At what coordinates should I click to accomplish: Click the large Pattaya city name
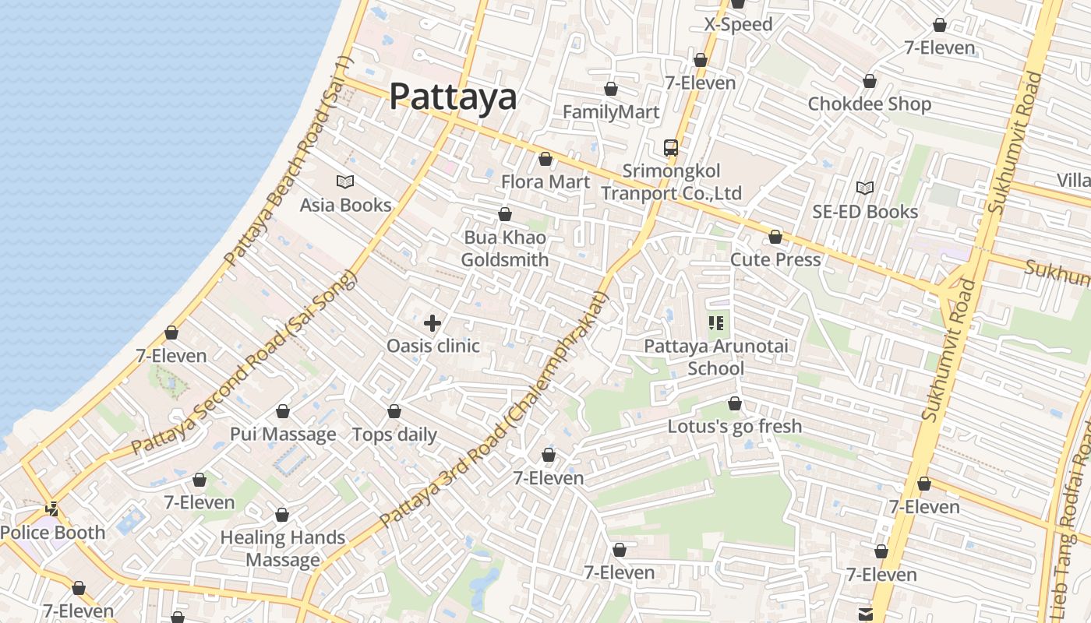pos(452,97)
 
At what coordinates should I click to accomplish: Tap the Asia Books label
pos(345,205)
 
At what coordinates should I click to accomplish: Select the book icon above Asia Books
pos(345,181)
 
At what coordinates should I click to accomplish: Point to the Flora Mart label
pos(545,181)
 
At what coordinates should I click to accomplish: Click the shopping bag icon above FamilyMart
pos(611,89)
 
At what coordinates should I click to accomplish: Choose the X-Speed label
pos(738,24)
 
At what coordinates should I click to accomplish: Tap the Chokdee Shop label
pos(869,104)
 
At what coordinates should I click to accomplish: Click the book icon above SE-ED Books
pos(865,188)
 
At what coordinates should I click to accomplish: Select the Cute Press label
pos(775,259)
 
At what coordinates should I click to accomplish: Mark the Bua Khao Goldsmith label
pos(505,248)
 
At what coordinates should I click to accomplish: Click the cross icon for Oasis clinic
pos(433,322)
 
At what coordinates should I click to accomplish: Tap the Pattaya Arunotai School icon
pos(716,322)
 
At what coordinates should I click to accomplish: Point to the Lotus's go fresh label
pos(734,426)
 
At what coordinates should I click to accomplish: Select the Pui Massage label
pos(283,434)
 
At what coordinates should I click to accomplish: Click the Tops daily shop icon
pos(394,411)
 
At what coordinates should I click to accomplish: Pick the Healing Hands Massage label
pos(282,548)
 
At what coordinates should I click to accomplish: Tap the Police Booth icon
pos(52,509)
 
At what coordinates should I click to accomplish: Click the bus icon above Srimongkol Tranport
pos(670,147)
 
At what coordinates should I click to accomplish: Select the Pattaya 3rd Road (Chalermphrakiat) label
pos(493,409)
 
